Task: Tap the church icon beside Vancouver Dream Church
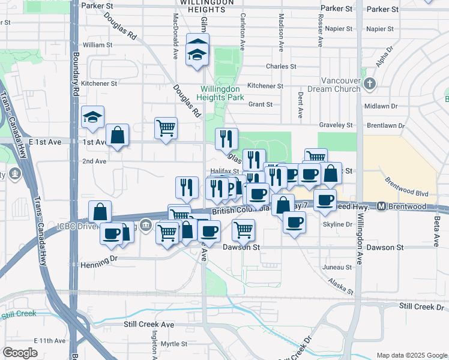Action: [x=369, y=84]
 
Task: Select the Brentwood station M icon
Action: [x=382, y=206]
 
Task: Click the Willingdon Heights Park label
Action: [x=222, y=92]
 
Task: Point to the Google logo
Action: [x=20, y=353]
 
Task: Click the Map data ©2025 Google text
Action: [x=411, y=355]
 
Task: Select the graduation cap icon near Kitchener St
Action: [x=93, y=116]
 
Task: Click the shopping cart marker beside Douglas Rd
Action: [x=166, y=127]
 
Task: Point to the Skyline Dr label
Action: [x=337, y=224]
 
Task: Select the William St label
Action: [x=98, y=45]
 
